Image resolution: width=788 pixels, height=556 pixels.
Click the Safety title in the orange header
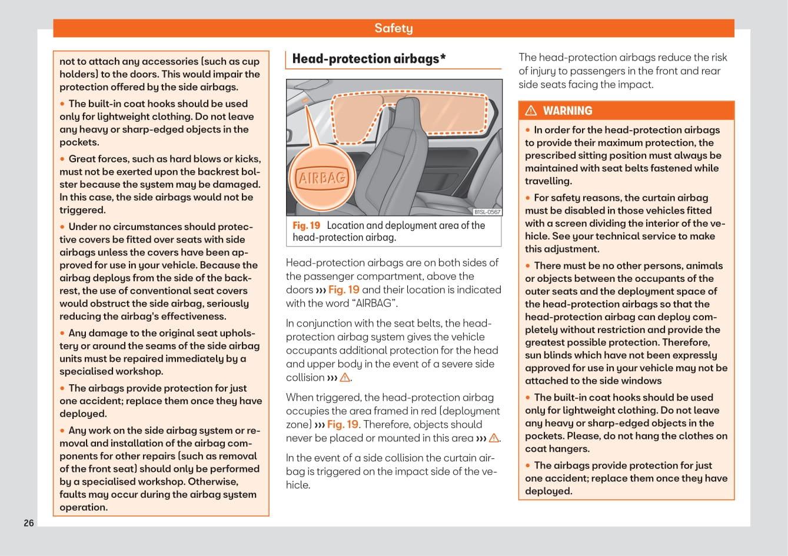point(393,28)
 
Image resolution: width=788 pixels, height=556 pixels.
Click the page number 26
point(29,523)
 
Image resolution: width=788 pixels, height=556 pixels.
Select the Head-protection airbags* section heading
point(369,59)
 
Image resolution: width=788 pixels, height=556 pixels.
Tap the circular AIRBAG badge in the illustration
point(322,178)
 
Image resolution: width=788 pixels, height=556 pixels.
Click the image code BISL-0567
point(487,212)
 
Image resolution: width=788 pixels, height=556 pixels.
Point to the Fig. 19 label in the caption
point(306,225)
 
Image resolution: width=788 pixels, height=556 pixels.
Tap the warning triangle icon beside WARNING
point(531,111)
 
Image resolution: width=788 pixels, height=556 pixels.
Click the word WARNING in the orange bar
point(567,111)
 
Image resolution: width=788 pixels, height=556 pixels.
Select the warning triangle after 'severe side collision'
point(345,378)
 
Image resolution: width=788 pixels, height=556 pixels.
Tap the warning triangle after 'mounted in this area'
point(494,438)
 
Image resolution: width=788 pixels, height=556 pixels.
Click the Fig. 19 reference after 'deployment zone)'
point(343,425)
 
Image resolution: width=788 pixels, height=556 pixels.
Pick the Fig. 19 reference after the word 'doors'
point(344,290)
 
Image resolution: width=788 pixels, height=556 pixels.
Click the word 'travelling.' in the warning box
point(548,181)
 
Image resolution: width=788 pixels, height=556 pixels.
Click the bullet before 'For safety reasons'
point(528,198)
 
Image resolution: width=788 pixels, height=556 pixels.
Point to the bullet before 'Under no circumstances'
point(62,227)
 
